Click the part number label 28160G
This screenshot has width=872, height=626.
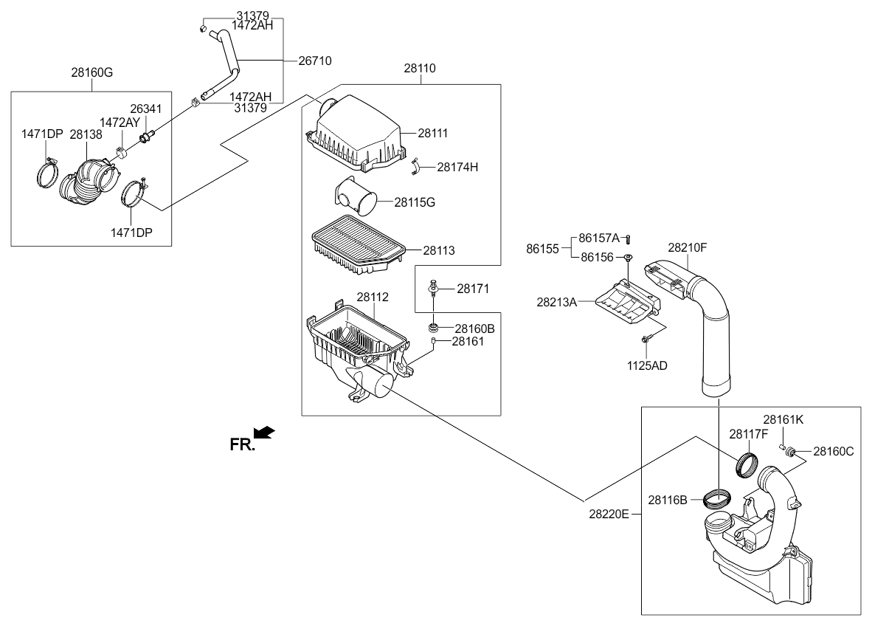92,73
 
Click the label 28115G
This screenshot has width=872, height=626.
415,202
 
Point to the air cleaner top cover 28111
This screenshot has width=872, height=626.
358,133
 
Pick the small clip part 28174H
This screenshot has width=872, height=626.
418,166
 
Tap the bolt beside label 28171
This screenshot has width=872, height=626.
433,287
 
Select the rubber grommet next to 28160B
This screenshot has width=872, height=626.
433,326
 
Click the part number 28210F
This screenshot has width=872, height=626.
688,247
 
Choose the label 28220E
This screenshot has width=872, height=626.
609,514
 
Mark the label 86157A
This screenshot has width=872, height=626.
598,238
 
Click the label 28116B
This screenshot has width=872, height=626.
668,500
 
